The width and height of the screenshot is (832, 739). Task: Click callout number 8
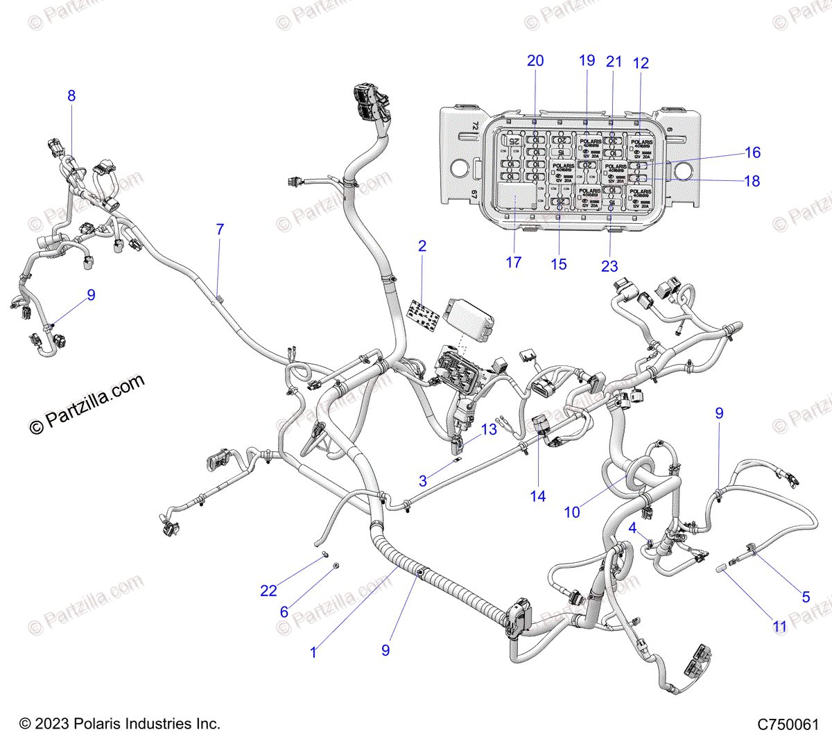(71, 96)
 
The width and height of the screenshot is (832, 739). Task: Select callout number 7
(220, 229)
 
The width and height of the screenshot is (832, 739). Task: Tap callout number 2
(422, 246)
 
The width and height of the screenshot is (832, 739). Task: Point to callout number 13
(489, 429)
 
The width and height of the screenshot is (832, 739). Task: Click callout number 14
(538, 496)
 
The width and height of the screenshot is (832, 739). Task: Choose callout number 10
(572, 512)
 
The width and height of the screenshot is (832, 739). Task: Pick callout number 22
(268, 591)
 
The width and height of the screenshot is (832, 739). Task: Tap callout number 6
(284, 612)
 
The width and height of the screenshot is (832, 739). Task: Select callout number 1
(313, 652)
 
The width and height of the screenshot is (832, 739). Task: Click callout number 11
(780, 627)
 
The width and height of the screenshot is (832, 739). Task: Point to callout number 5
(806, 597)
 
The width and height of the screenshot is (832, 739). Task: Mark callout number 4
(632, 528)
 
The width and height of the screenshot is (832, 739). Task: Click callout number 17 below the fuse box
(513, 263)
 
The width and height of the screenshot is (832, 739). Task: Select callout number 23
(609, 266)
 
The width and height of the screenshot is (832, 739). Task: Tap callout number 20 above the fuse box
(535, 61)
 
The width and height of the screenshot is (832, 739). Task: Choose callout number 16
(752, 153)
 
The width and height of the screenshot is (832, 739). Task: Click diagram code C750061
(788, 724)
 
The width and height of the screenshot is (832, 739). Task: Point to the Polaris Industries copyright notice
(120, 724)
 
